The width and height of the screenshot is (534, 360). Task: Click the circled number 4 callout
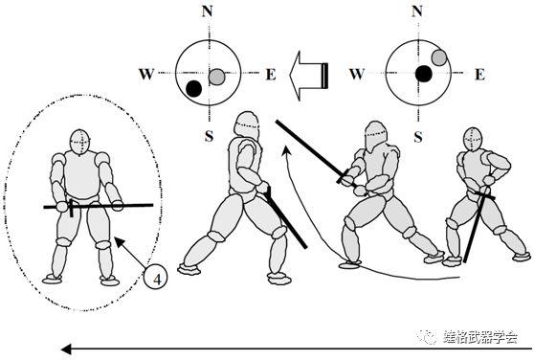[x=156, y=279]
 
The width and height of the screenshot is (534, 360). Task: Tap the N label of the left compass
[x=207, y=11]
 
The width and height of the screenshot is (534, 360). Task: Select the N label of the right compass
[x=417, y=11]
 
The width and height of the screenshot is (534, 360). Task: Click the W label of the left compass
[x=146, y=74]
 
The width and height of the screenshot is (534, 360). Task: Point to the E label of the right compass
[x=479, y=75]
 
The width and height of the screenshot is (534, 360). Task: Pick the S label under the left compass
[x=209, y=136]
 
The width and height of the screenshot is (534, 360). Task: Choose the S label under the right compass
[x=418, y=137]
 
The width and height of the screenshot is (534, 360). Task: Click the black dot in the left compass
[x=193, y=88]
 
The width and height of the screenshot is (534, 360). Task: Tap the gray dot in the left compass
[x=216, y=77]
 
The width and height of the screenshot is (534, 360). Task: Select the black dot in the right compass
[x=424, y=74]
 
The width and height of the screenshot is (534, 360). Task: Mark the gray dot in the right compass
[x=439, y=57]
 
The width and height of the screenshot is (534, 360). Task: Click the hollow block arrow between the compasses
[x=309, y=76]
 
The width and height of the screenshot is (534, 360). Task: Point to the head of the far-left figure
[x=80, y=142]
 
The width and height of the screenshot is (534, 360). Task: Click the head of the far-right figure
[x=473, y=139]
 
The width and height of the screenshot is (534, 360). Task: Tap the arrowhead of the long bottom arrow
[x=66, y=349]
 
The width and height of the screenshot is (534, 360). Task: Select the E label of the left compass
[x=271, y=75]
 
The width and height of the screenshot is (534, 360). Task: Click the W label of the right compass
[x=357, y=74]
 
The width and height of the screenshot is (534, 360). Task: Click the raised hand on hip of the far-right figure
[x=489, y=179]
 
